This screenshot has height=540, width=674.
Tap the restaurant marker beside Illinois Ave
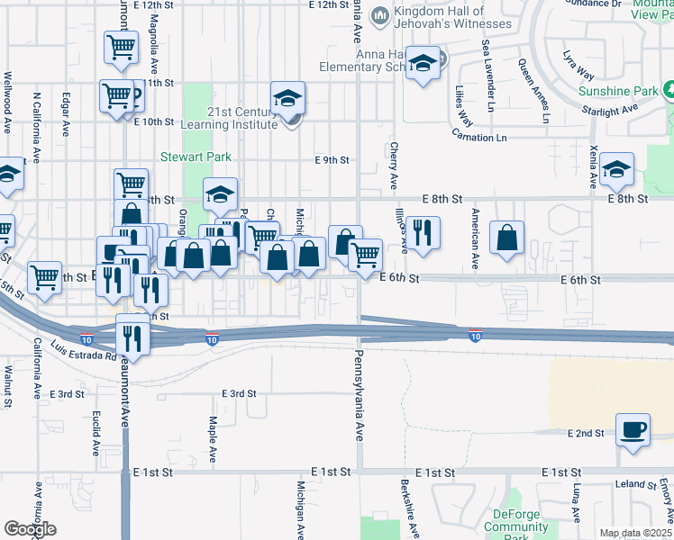[422, 232]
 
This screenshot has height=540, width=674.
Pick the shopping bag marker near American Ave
[507, 238]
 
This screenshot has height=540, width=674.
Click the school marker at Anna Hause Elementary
[422, 64]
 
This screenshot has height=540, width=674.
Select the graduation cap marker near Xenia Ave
[616, 168]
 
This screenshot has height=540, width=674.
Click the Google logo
[30, 529]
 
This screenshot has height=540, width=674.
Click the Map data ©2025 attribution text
[635, 533]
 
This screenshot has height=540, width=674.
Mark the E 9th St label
[332, 160]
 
